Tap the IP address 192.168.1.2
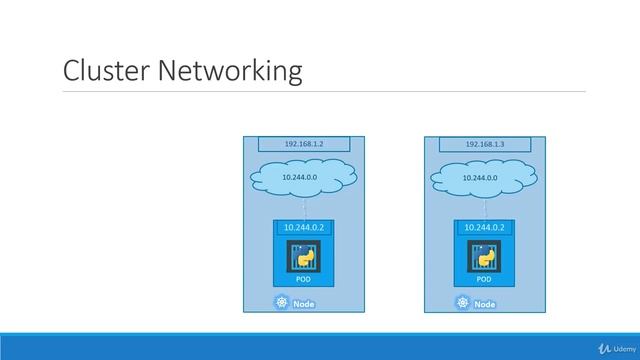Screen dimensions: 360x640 point(304,144)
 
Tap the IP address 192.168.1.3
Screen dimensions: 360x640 point(485,144)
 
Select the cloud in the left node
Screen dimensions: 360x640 point(304,180)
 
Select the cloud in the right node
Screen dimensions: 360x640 point(485,180)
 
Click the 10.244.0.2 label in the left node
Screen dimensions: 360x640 point(304,227)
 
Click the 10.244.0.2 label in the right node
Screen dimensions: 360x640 point(485,227)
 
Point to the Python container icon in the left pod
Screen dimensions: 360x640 point(304,257)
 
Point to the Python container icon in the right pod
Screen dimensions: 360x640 point(485,257)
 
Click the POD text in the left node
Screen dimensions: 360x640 point(304,281)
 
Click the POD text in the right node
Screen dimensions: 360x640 point(485,281)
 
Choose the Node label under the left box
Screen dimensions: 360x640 point(304,304)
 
